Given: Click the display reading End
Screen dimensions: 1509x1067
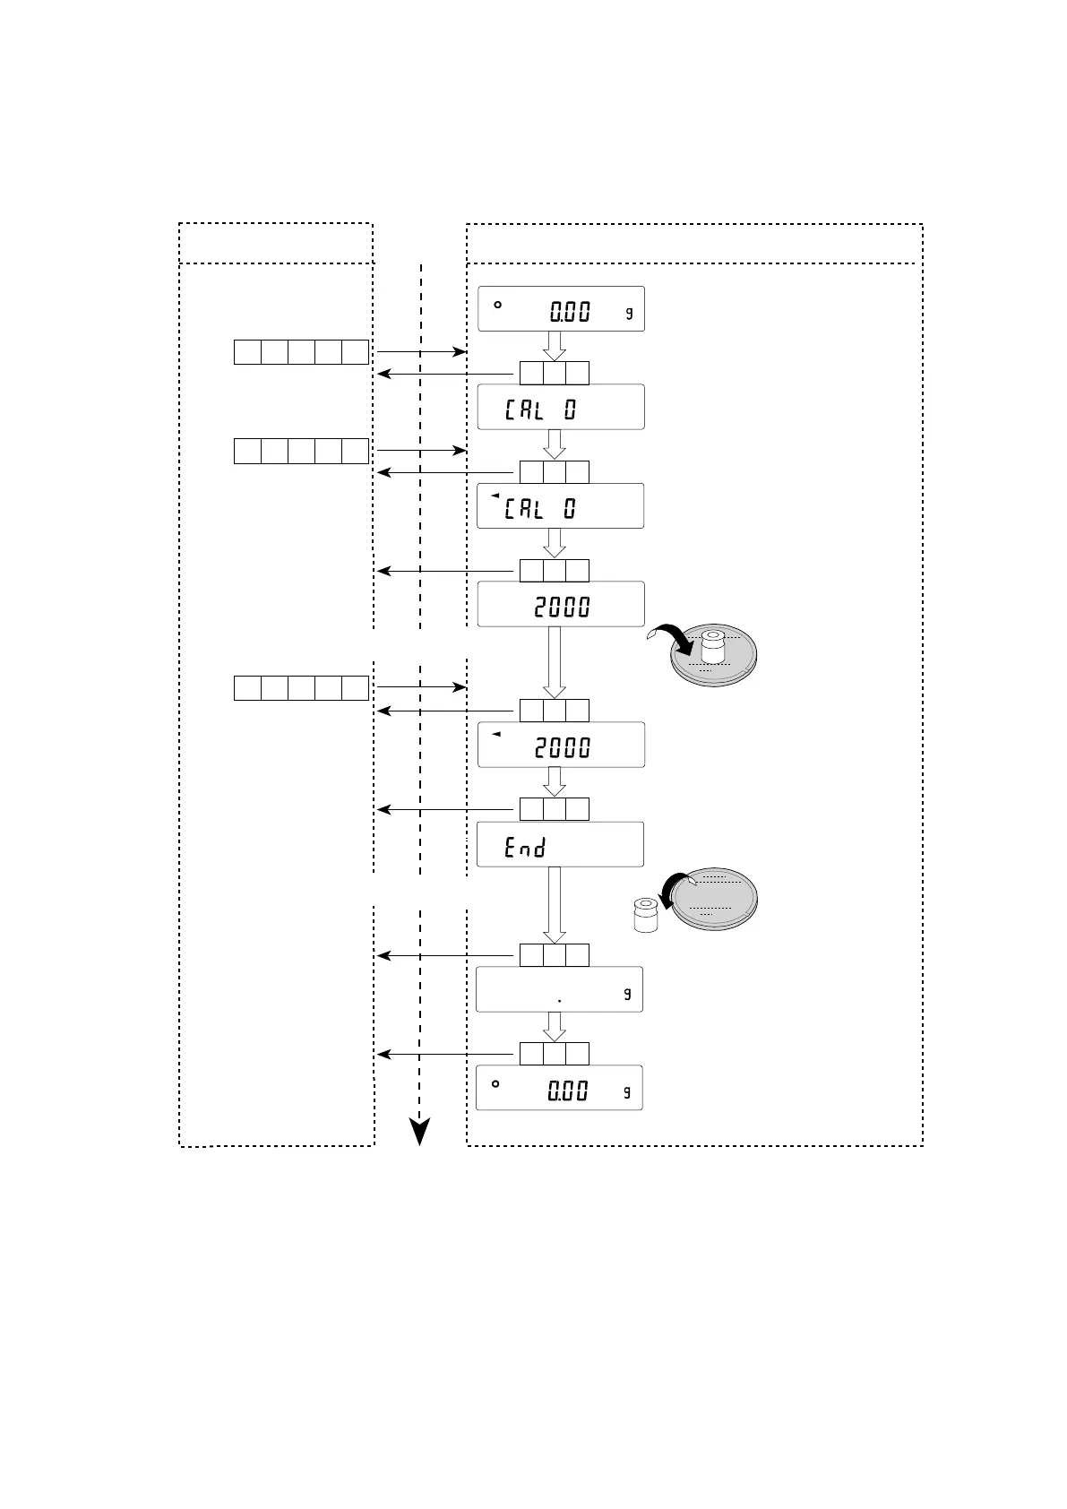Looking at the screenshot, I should pyautogui.click(x=560, y=844).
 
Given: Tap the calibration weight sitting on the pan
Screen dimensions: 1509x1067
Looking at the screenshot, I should pyautogui.click(x=713, y=646).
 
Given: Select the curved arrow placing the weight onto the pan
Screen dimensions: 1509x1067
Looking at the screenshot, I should pyautogui.click(x=674, y=640).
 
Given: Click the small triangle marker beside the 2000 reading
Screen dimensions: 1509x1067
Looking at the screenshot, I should pyautogui.click(x=495, y=734).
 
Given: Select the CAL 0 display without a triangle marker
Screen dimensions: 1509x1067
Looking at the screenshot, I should pyautogui.click(x=560, y=408).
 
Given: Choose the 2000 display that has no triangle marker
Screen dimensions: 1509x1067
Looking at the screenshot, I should pyautogui.click(x=560, y=605).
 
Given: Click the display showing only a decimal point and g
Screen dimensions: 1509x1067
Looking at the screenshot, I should pyautogui.click(x=559, y=990).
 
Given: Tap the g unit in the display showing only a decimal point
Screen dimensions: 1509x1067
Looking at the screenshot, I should pyautogui.click(x=628, y=993).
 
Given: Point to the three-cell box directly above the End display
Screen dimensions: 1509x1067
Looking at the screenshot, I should pyautogui.click(x=555, y=809).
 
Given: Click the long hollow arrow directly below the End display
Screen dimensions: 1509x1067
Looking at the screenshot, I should pyautogui.click(x=555, y=905).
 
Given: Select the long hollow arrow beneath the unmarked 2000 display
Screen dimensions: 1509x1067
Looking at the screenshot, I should pyautogui.click(x=555, y=662).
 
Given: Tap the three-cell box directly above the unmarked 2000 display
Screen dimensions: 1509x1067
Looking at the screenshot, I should pyautogui.click(x=555, y=571).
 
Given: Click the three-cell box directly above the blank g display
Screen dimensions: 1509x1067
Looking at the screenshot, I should pyautogui.click(x=555, y=955).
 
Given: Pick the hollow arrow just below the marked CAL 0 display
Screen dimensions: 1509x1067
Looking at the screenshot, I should pyautogui.click(x=555, y=543).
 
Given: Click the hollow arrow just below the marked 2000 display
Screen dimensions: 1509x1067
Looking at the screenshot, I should pyautogui.click(x=555, y=781).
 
